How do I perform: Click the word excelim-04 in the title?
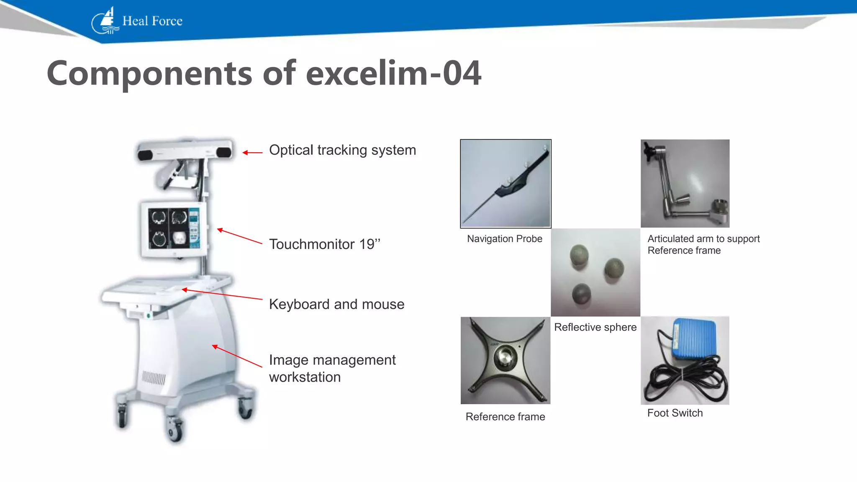[393, 74]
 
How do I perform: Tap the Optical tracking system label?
[342, 150]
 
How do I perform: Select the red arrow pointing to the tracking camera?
[252, 153]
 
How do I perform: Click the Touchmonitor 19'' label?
[325, 244]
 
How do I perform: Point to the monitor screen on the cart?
[174, 229]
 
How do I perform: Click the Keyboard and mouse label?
[336, 304]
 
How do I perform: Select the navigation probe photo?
[505, 184]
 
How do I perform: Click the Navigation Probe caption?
[504, 239]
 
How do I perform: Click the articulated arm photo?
[685, 184]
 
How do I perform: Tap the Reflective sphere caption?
[595, 327]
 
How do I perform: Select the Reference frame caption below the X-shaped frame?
[505, 417]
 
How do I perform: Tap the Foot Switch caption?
[675, 413]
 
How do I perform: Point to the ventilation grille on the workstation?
[154, 377]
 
